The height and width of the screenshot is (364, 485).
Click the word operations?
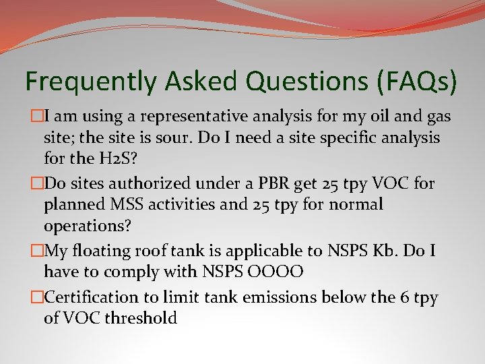click(84, 225)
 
